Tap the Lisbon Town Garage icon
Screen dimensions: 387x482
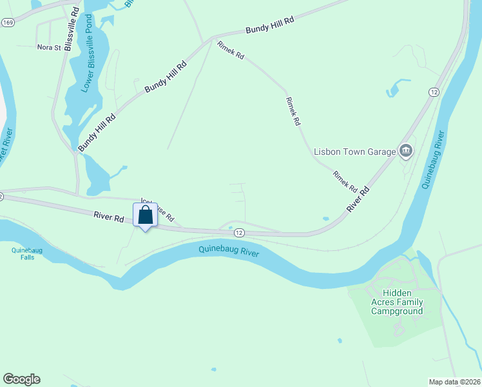[x=406, y=152]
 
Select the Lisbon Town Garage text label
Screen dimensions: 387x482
[x=354, y=152]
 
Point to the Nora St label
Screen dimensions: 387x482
[x=48, y=47]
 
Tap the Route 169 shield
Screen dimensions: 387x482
[x=8, y=23]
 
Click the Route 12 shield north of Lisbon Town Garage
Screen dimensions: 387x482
[x=434, y=93]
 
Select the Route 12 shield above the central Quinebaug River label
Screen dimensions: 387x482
[x=239, y=232]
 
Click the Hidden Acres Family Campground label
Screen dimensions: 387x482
[x=397, y=302]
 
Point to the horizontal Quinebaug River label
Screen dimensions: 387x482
[x=229, y=251]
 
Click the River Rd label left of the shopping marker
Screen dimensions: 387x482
[x=108, y=218]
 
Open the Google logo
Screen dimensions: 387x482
[x=21, y=379]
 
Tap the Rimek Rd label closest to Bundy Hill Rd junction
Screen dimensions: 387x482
[x=231, y=51]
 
